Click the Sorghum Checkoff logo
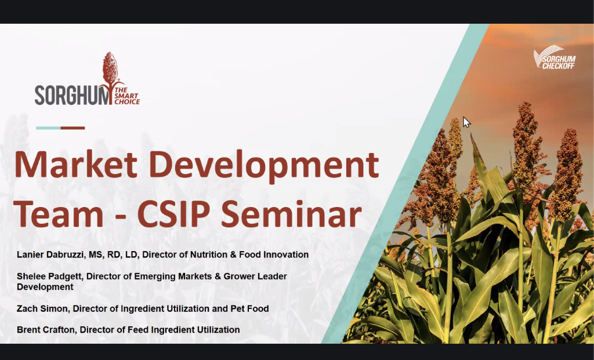pyautogui.click(x=555, y=57)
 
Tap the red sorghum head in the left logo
pyautogui.click(x=110, y=70)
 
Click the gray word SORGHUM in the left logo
pyautogui.click(x=72, y=95)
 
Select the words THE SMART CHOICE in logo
pyautogui.click(x=127, y=96)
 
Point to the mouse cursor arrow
pyautogui.click(x=466, y=122)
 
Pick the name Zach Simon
pyautogui.click(x=42, y=308)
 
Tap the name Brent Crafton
pyautogui.click(x=46, y=330)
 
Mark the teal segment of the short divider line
pyautogui.click(x=48, y=128)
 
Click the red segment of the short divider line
pyautogui.click(x=73, y=128)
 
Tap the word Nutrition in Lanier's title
pyautogui.click(x=207, y=254)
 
